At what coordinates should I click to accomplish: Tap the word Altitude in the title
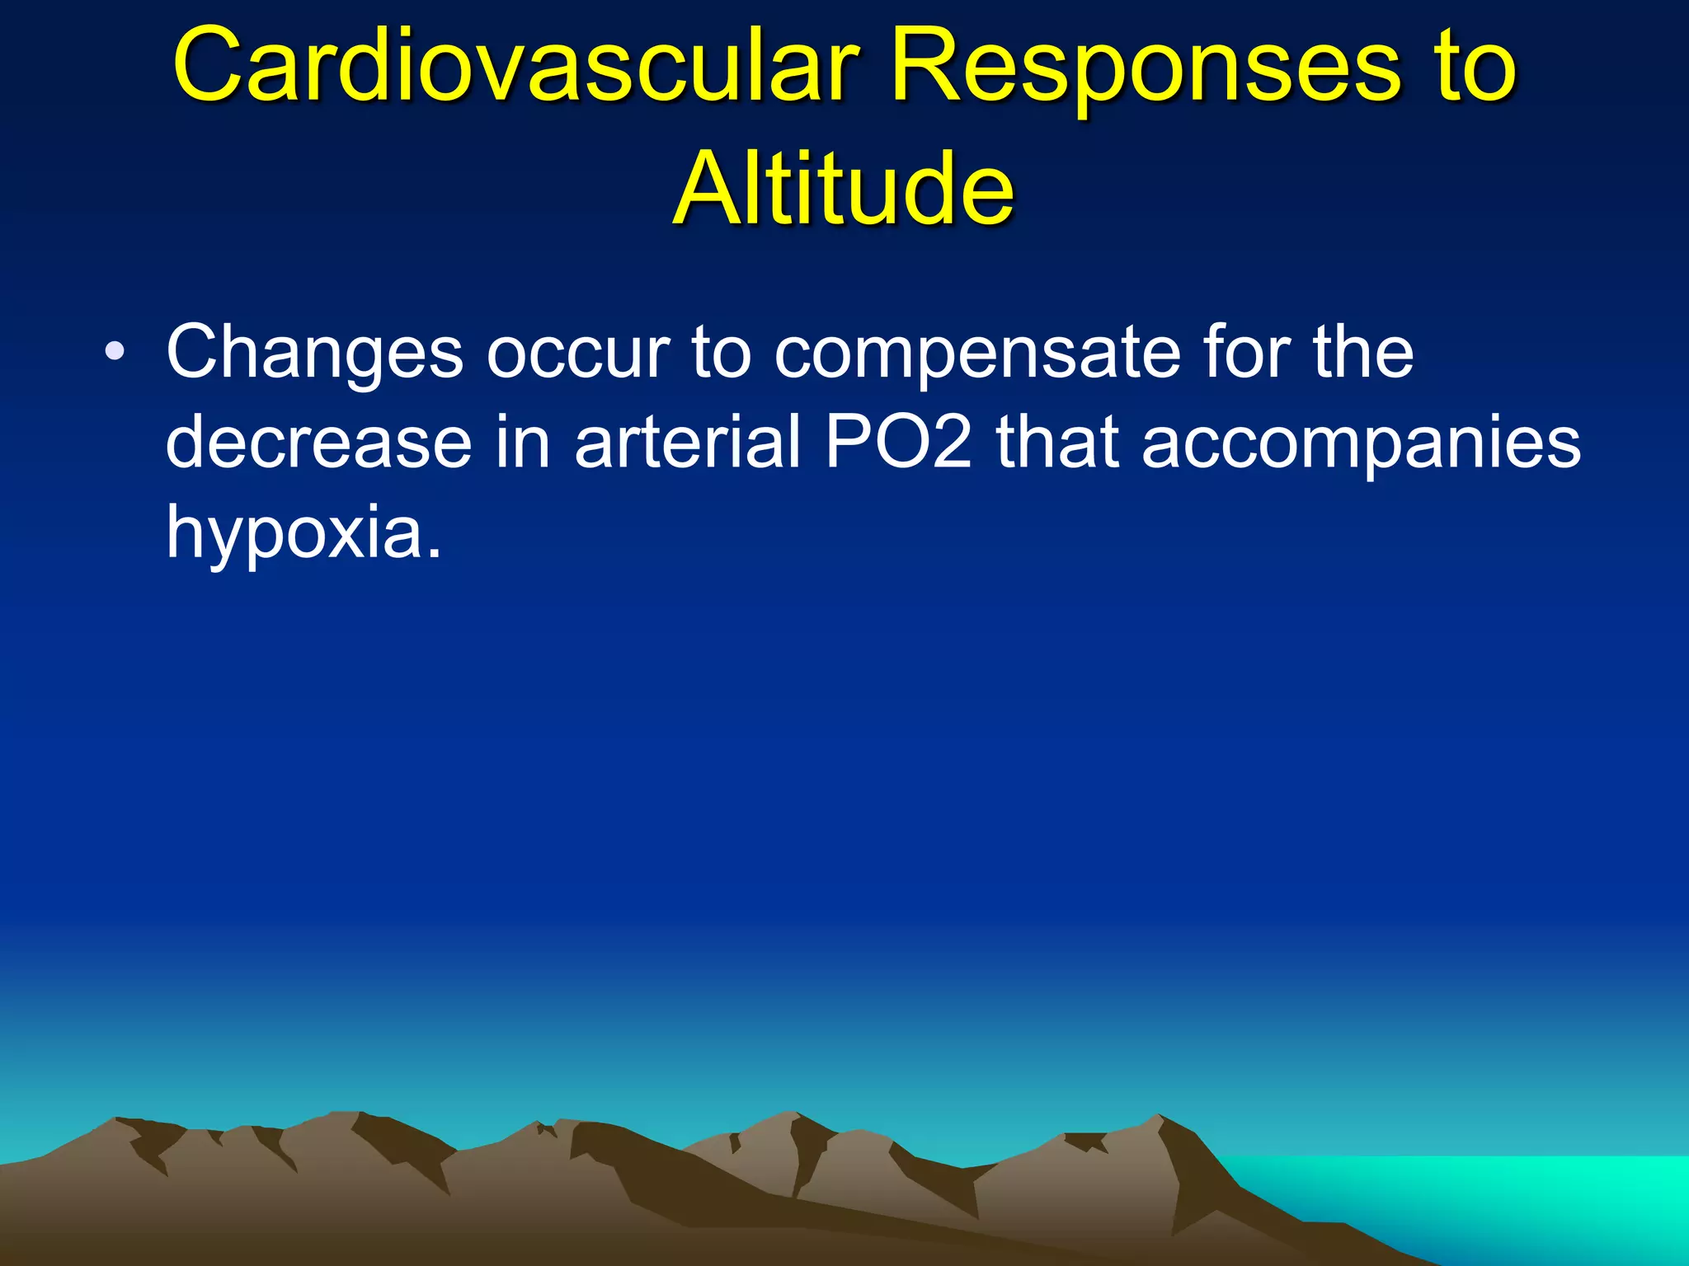pyautogui.click(x=843, y=190)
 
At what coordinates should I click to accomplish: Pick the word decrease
pyautogui.click(x=318, y=443)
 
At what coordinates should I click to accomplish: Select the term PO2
pyautogui.click(x=899, y=443)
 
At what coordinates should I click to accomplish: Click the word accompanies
pyautogui.click(x=1361, y=443)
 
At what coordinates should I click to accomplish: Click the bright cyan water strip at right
pyautogui.click(x=1484, y=1187)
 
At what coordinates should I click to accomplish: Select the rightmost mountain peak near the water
pyautogui.click(x=1159, y=1119)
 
